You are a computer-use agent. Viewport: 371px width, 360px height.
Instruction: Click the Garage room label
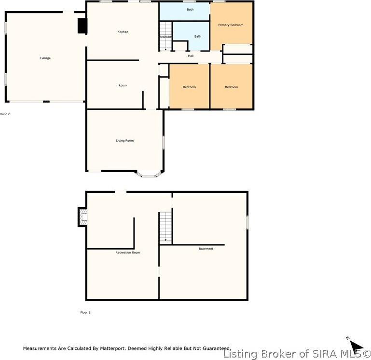pos(45,58)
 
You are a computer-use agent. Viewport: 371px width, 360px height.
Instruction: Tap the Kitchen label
pos(123,32)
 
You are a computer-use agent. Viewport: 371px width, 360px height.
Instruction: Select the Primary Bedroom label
pos(231,25)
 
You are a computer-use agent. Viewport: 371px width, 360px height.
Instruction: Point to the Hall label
pos(191,56)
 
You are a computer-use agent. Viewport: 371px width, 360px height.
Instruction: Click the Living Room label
pos(124,141)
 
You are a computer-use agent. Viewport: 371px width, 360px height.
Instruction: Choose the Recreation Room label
pos(128,253)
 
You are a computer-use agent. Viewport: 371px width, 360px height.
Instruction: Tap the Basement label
pos(206,249)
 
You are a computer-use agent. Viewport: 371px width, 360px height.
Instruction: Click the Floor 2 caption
pos(5,114)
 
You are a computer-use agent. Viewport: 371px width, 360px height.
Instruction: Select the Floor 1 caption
pos(85,312)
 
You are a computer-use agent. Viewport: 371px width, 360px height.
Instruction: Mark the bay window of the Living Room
pos(149,175)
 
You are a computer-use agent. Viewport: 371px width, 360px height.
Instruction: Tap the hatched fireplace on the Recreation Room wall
pos(83,217)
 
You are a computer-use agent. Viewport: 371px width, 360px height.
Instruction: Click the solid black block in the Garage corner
pos(82,26)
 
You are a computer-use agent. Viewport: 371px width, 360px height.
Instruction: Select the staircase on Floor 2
pos(165,36)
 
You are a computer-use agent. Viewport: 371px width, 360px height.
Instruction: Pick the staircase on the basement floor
pos(165,227)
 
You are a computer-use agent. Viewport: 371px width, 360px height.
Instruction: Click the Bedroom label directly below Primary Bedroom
pos(231,87)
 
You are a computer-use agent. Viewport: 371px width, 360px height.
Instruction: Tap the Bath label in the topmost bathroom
pos(190,10)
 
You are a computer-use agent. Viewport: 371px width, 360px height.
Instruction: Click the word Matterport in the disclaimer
pos(109,348)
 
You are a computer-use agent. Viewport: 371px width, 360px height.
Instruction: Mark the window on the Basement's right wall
pos(247,222)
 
